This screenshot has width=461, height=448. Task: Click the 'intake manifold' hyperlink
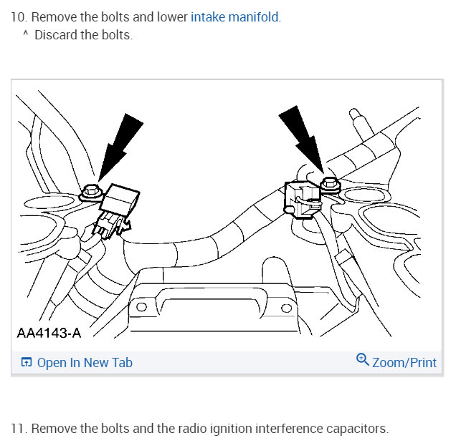(234, 16)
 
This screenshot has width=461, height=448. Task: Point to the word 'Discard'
(57, 35)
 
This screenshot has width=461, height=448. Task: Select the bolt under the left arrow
(91, 191)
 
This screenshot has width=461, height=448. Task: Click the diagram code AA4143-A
(48, 333)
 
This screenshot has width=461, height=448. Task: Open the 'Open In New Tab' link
(85, 363)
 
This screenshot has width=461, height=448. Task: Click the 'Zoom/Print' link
(404, 363)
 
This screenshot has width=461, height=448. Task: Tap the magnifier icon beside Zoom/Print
(363, 360)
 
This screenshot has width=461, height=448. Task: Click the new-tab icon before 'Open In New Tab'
(27, 363)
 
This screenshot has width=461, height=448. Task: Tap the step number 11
(17, 429)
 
